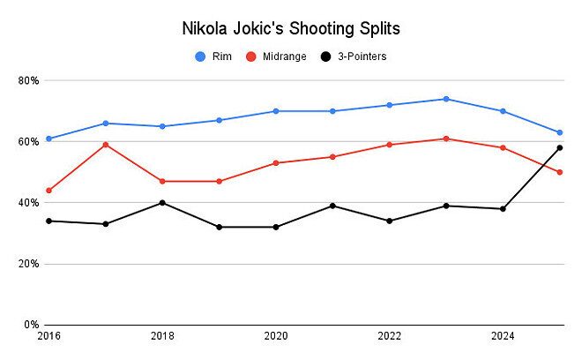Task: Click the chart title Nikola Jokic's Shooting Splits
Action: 291,28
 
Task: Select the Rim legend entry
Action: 217,56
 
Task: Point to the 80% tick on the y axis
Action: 28,80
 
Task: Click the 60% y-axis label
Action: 28,141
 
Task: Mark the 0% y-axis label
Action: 31,325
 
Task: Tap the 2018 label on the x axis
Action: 162,337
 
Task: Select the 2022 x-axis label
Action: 389,337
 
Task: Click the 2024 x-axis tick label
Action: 503,337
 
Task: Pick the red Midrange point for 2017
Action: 106,145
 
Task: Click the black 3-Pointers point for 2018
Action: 162,203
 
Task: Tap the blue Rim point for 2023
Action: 446,99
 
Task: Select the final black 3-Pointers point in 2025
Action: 559,147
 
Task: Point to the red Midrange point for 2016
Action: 48,191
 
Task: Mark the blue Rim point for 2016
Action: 48,139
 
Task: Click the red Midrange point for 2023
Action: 446,139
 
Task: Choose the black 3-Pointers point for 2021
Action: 332,206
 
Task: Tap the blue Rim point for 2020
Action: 276,111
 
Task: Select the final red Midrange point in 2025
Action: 559,172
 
